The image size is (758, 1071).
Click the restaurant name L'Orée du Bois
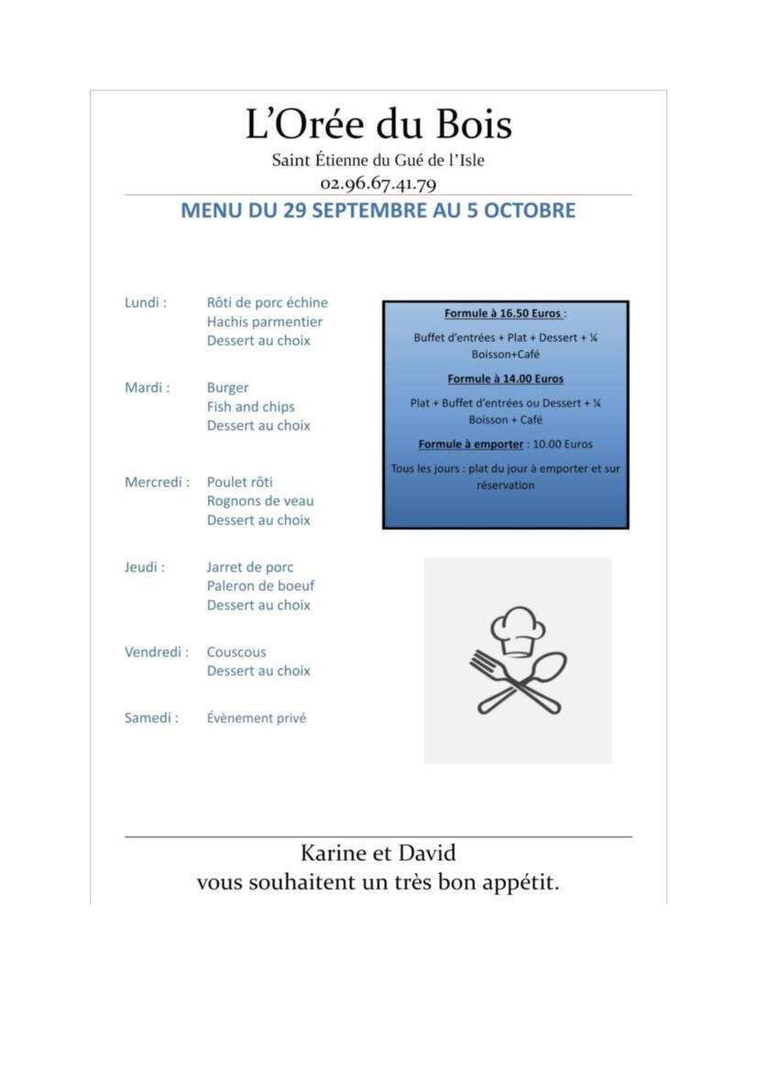coord(378,125)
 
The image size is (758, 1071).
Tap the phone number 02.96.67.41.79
coord(378,183)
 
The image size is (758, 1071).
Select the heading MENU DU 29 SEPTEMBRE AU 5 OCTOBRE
coord(378,211)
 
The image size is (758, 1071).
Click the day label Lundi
coord(145,302)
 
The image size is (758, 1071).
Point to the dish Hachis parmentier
coord(264,322)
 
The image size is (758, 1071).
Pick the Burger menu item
coord(227,388)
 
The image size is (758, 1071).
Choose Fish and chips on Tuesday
coord(250,407)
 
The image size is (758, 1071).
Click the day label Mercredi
coord(157,482)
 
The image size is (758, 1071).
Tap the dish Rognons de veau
coord(259,501)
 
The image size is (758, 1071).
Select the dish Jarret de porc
coord(249,567)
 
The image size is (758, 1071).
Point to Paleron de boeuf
coord(260,585)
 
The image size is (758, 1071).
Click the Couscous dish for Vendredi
coord(236,652)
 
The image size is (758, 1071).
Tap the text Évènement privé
coord(256,718)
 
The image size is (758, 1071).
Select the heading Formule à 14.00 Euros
coord(505,378)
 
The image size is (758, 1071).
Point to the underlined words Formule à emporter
coord(471,444)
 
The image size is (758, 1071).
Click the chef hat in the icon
coord(518,630)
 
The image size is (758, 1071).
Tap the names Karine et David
coord(378,853)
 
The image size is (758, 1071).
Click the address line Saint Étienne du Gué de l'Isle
coord(378,160)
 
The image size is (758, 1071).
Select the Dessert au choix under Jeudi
coord(258,605)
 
